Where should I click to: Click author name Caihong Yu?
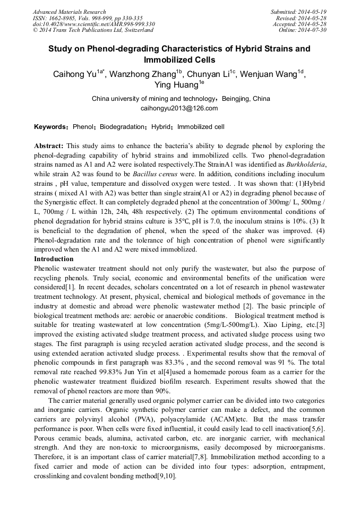pos(74,74)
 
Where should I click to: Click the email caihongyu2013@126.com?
pos(179,108)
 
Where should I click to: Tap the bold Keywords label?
pos(50,127)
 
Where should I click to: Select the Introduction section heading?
pos(54,259)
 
